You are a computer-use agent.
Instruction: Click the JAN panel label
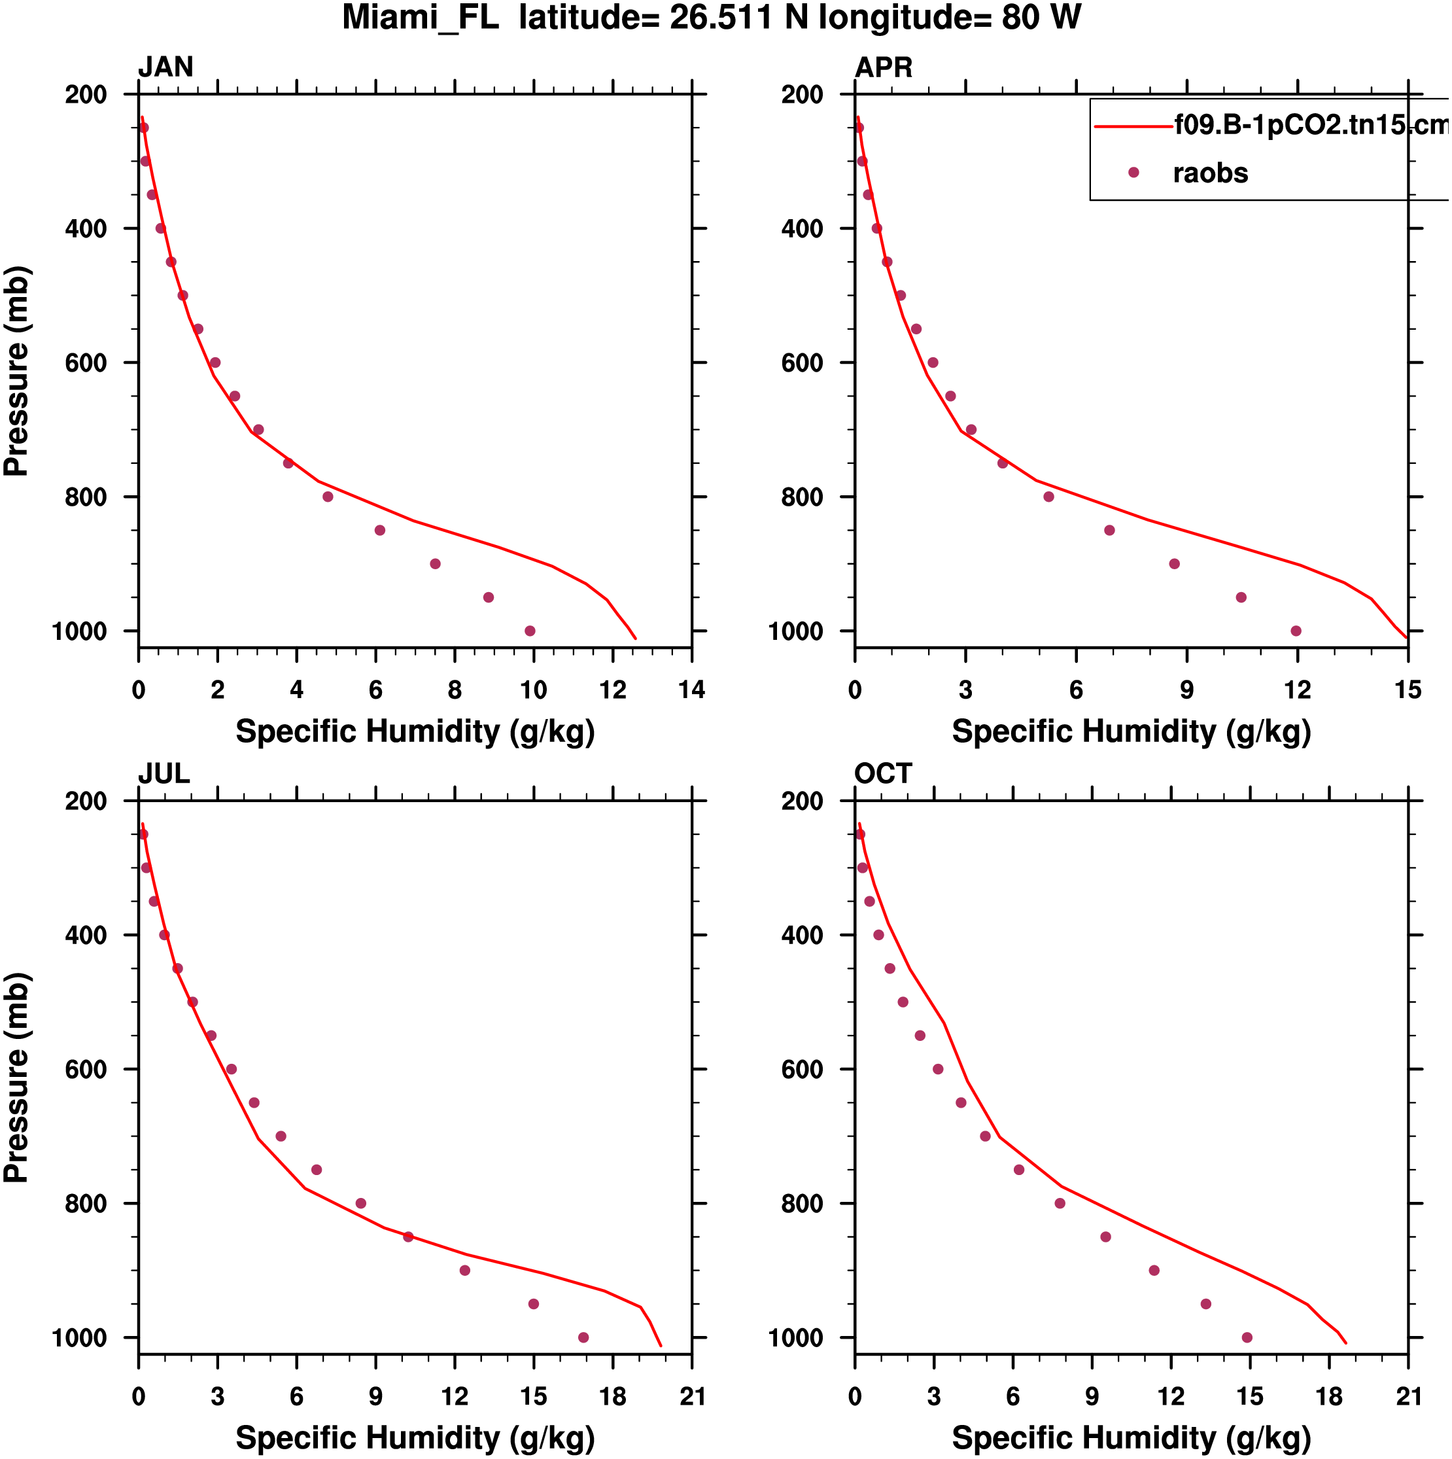coord(165,67)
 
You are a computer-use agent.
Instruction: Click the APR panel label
coord(884,67)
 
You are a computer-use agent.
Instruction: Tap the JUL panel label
coord(164,774)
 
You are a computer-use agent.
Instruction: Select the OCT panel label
coord(884,774)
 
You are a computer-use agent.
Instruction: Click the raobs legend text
coord(1211,173)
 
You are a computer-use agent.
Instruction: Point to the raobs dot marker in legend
coord(1133,173)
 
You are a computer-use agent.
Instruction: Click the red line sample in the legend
coord(1133,127)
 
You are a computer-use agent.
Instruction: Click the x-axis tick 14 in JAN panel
coord(691,690)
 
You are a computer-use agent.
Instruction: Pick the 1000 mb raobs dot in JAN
coord(530,631)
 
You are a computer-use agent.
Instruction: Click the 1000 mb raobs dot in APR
coord(1296,631)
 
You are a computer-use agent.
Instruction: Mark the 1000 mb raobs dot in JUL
coord(583,1337)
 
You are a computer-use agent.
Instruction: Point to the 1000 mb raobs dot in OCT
coord(1247,1337)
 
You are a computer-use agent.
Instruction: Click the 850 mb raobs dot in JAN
coord(380,531)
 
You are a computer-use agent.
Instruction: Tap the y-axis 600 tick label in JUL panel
coord(85,1069)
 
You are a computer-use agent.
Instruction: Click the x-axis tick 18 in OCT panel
coord(1330,1396)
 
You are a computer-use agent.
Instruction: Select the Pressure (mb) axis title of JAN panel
coord(16,371)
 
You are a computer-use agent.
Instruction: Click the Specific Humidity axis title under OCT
coord(1131,1437)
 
